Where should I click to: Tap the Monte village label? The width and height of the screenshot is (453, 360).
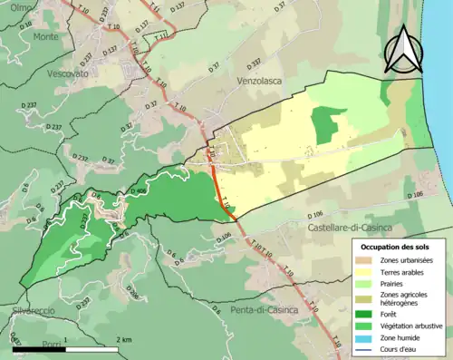point(45,36)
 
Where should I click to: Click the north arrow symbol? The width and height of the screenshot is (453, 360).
point(403,50)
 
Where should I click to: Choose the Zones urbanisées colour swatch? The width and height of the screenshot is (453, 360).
point(365,260)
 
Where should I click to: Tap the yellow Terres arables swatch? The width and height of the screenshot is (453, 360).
point(365,272)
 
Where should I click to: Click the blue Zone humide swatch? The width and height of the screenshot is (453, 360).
point(365,337)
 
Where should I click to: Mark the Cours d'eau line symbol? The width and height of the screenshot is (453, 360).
point(365,348)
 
